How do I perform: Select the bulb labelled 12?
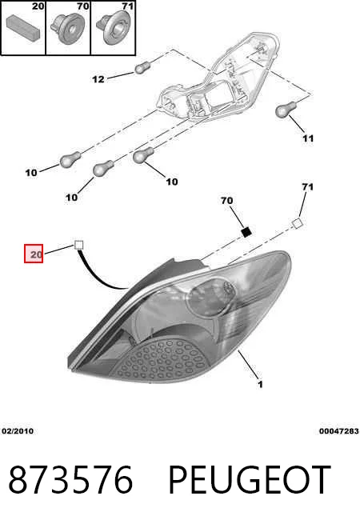coord(142,68)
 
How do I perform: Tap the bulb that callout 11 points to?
coord(286,110)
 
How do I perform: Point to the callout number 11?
coord(308,138)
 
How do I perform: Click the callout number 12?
coord(98,79)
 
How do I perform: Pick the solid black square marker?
coord(246,231)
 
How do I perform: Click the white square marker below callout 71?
coord(297,223)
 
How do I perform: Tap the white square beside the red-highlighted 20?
coord(78,246)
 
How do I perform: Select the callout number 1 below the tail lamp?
coord(260,385)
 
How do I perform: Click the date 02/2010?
coord(18,431)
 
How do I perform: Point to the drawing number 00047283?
coord(339,431)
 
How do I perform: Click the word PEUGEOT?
coord(250,479)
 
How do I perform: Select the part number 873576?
coord(70,479)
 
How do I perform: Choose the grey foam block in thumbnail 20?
coord(23,26)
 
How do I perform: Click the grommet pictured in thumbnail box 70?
coord(68,29)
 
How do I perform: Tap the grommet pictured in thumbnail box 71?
coord(114,27)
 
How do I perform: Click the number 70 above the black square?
coord(226,201)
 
